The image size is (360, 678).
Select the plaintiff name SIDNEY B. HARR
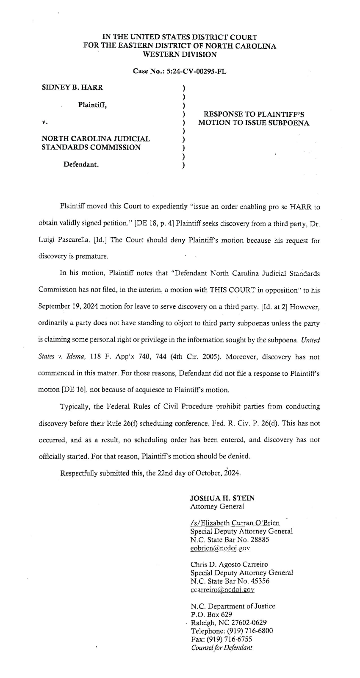click(x=72, y=88)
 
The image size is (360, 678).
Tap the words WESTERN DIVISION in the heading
click(x=180, y=54)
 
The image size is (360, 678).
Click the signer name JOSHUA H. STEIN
click(x=223, y=498)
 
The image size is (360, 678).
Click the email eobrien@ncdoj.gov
click(x=220, y=548)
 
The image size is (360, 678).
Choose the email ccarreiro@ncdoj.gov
click(x=222, y=589)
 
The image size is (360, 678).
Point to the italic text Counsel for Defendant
click(x=222, y=647)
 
